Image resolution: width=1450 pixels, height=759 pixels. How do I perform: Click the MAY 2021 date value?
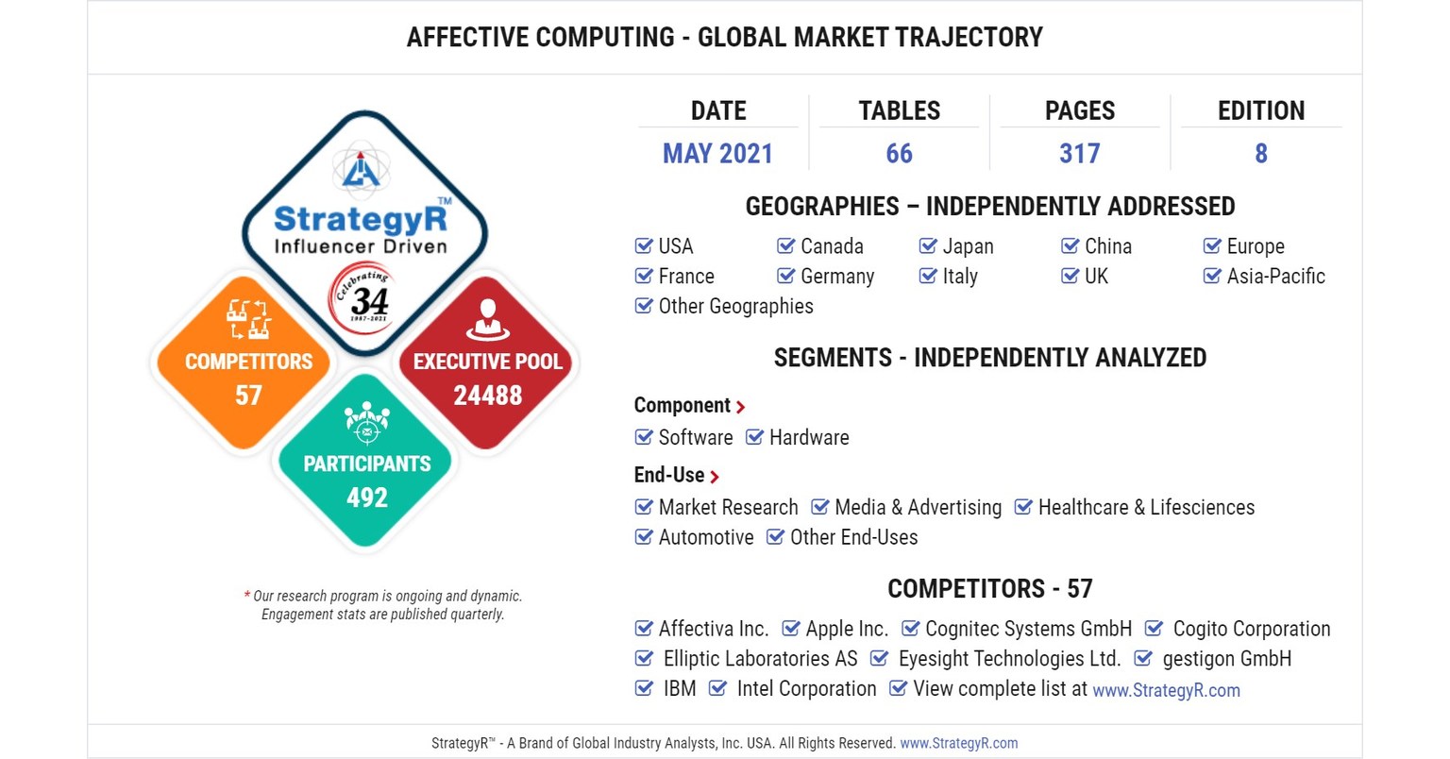click(x=717, y=153)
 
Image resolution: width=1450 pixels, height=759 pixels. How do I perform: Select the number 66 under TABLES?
click(x=899, y=153)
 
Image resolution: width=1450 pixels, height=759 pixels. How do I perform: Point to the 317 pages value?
click(x=1079, y=153)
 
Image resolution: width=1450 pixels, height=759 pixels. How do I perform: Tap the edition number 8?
click(x=1260, y=153)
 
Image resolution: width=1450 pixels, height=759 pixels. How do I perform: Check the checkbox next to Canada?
click(x=785, y=246)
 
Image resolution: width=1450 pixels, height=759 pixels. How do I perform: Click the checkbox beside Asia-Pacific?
click(x=1212, y=277)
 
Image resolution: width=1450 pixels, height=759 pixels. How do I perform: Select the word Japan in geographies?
click(x=968, y=246)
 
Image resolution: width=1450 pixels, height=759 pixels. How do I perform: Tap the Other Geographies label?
click(x=735, y=306)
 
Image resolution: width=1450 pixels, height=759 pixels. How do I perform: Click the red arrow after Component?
click(x=741, y=407)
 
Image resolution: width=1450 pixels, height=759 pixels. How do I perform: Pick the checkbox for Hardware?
click(x=754, y=437)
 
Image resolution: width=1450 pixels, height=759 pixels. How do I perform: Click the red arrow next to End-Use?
click(x=715, y=477)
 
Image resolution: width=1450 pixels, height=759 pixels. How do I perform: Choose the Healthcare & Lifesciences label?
click(x=1146, y=507)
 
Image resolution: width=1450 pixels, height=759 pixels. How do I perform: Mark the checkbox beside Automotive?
click(x=644, y=537)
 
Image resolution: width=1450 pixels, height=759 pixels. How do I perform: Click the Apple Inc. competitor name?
click(x=847, y=629)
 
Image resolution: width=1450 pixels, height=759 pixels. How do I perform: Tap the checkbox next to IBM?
click(x=644, y=688)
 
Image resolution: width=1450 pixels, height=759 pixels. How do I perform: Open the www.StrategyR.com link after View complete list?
click(x=1166, y=690)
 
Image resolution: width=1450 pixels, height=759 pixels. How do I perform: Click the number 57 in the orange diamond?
click(x=248, y=395)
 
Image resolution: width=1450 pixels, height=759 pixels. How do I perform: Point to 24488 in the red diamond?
click(x=487, y=395)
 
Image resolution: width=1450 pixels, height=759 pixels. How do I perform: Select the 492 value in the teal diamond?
click(x=367, y=497)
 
